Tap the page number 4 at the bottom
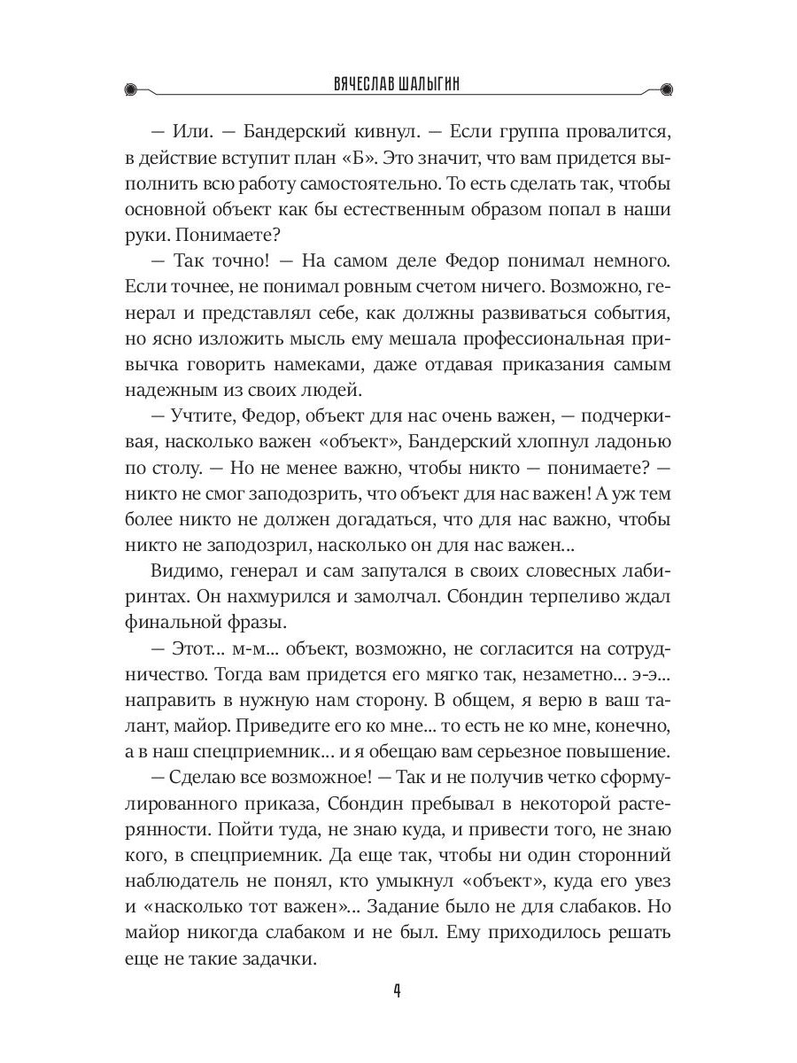coord(398,990)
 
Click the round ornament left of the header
coord(131,88)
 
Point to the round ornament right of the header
coord(667,88)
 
